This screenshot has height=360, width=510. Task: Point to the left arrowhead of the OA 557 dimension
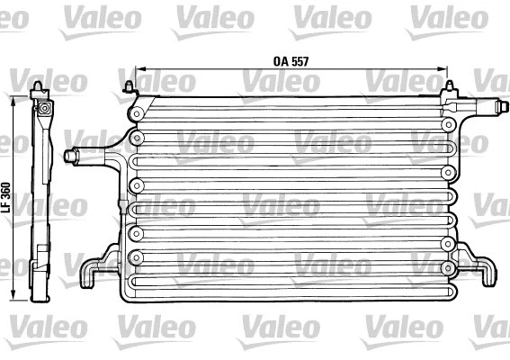[x=136, y=70]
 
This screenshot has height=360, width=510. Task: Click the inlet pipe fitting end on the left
[x=70, y=156]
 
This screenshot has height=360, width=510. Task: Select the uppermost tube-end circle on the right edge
[x=448, y=124]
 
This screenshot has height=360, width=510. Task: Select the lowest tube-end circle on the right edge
[x=447, y=267]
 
